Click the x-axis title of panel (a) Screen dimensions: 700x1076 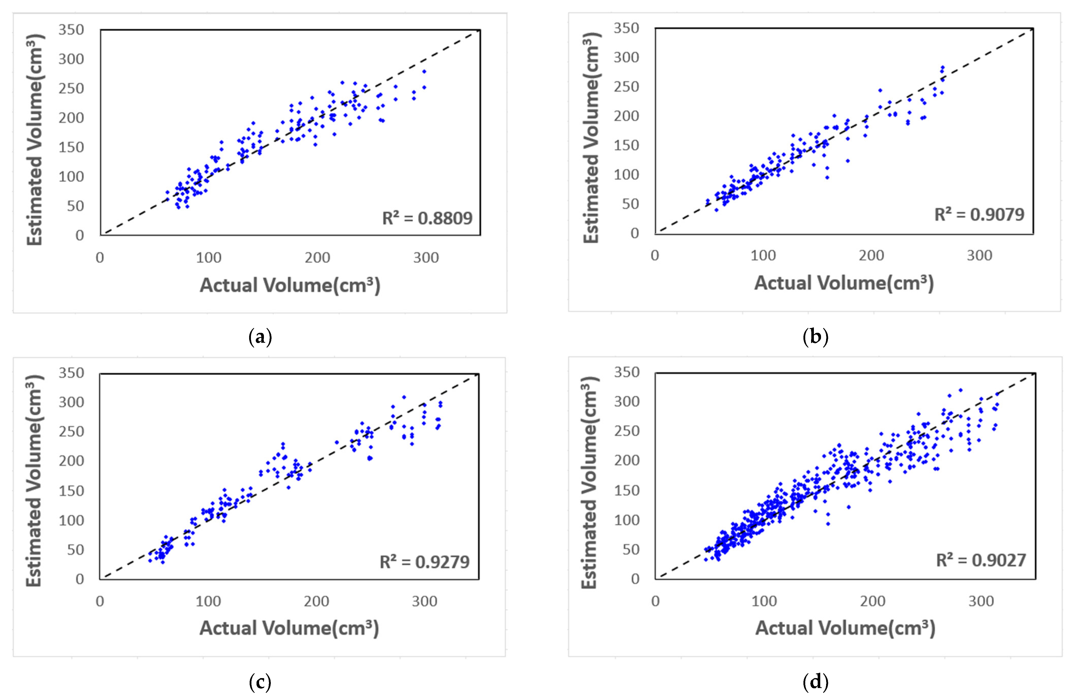pyautogui.click(x=290, y=285)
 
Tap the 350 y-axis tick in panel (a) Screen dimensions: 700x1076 pyautogui.click(x=71, y=30)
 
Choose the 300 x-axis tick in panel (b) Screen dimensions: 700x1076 pyautogui.click(x=979, y=256)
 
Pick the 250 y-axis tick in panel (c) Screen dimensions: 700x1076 pyautogui.click(x=71, y=431)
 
